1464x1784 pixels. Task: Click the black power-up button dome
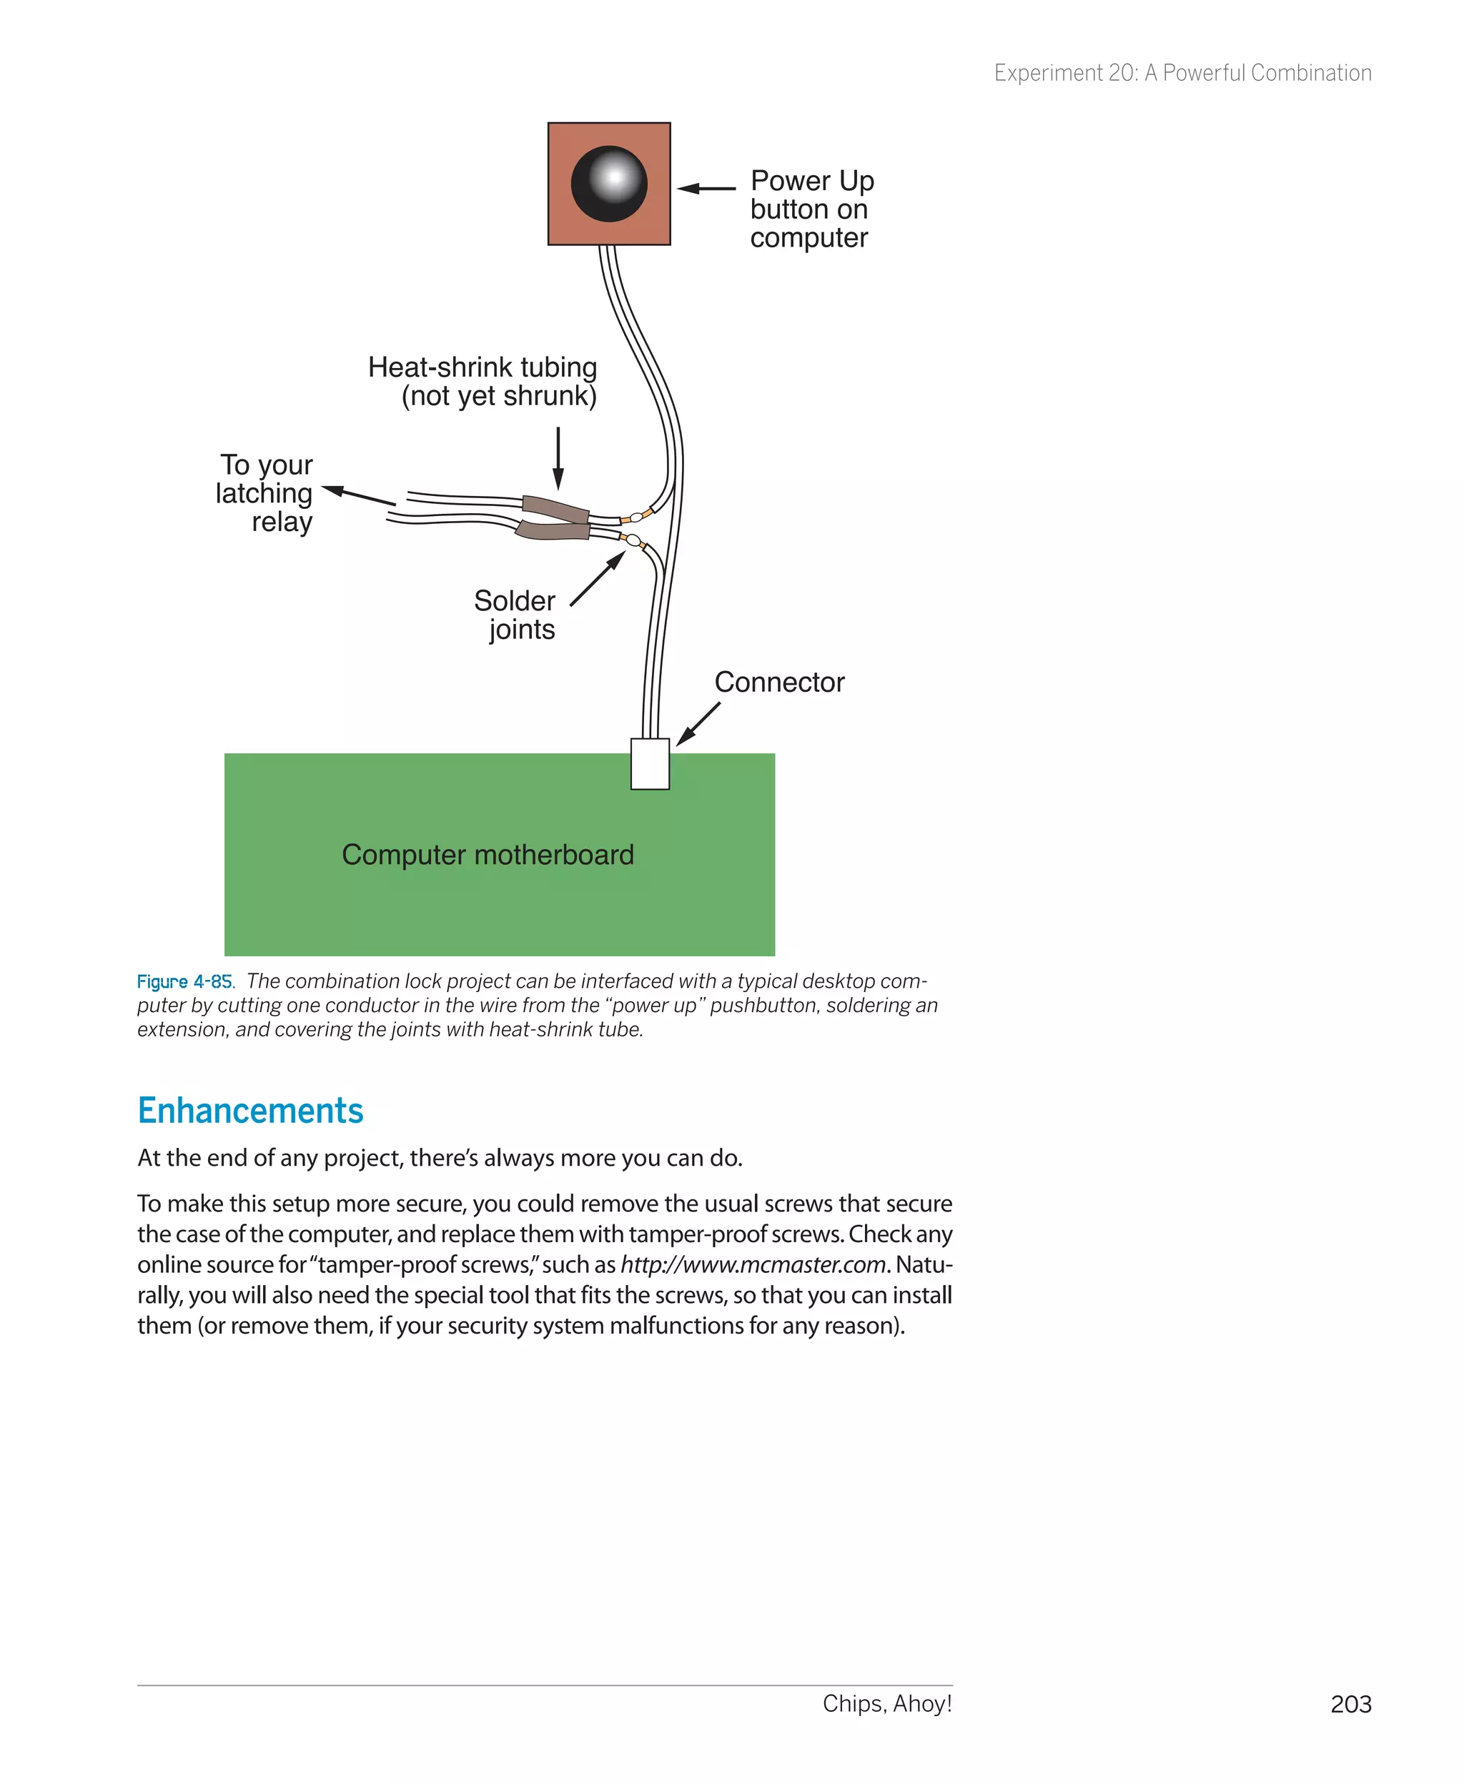click(609, 184)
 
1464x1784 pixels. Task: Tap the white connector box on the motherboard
click(649, 764)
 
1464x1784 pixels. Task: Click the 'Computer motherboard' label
click(488, 855)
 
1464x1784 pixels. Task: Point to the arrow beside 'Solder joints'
click(598, 578)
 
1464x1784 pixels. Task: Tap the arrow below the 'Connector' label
click(698, 724)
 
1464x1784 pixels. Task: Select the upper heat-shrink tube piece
click(555, 508)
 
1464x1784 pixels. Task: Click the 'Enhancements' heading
click(250, 1111)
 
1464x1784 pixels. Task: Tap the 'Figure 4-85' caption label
click(184, 981)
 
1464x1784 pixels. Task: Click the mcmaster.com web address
click(752, 1264)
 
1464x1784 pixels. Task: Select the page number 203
click(1350, 1705)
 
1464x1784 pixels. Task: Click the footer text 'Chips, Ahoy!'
click(887, 1704)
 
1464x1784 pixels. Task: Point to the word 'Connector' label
click(779, 682)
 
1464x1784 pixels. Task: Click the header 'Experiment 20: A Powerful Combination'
click(1182, 74)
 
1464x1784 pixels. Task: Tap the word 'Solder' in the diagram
click(515, 601)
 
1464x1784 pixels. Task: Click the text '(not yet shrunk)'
click(498, 395)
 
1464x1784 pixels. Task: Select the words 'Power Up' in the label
click(812, 180)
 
